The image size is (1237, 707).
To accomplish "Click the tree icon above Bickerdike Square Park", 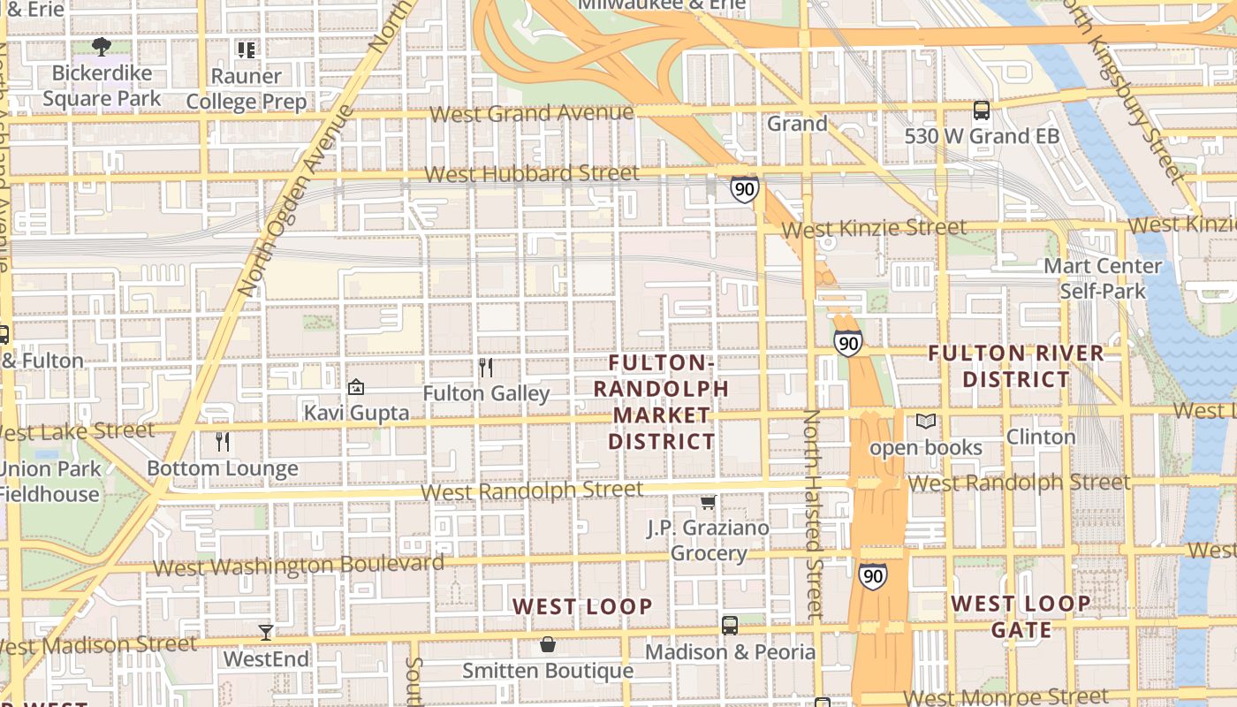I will tap(102, 46).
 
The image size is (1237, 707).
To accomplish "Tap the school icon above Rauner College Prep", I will tap(246, 49).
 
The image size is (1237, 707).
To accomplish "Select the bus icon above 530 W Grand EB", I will tap(981, 110).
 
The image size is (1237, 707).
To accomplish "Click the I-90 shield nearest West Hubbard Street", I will tap(744, 188).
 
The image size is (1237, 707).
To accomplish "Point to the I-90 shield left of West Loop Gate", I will tap(873, 576).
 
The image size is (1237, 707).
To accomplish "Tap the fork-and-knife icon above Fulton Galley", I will tap(485, 367).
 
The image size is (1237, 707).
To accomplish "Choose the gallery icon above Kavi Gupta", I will tap(356, 387).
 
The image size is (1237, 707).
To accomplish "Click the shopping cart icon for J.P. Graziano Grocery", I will tap(708, 502).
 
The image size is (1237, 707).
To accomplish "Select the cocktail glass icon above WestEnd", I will tap(266, 632).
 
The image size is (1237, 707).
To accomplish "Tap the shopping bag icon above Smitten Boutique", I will tap(548, 644).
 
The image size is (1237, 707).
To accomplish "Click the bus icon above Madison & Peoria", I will tap(730, 626).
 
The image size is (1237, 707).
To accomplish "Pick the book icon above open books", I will tap(925, 422).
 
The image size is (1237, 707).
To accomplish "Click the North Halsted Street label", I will tap(813, 513).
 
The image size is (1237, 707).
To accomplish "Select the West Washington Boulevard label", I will tap(299, 566).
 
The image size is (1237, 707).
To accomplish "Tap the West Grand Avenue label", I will tap(532, 113).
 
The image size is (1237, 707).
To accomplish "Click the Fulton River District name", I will tap(1016, 366).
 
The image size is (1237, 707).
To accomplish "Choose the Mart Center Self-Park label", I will tap(1103, 278).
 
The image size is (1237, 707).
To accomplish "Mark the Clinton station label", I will tap(1041, 437).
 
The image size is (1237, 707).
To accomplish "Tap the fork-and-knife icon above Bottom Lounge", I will tap(223, 441).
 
